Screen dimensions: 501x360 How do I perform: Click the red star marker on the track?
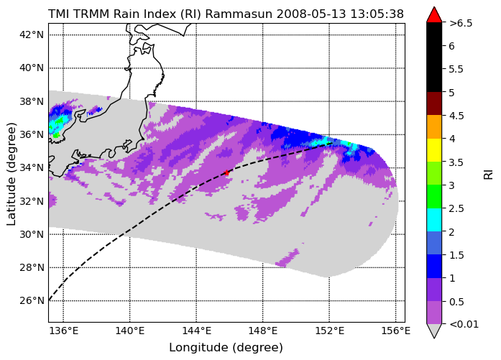pyautogui.click(x=227, y=172)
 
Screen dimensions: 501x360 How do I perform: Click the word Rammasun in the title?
pyautogui.click(x=239, y=14)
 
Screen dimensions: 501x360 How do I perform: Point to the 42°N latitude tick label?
pyautogui.click(x=32, y=34)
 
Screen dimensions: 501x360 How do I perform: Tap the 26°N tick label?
pyautogui.click(x=32, y=300)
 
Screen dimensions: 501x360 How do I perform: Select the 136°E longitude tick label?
pyautogui.click(x=63, y=331)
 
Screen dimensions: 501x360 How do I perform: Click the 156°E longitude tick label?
pyautogui.click(x=395, y=331)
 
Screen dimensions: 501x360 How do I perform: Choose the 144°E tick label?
pyautogui.click(x=196, y=331)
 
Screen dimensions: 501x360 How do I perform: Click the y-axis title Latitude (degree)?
pyautogui.click(x=12, y=174)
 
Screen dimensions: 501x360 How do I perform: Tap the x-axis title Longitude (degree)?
pyautogui.click(x=226, y=348)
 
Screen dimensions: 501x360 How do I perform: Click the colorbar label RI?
pyautogui.click(x=489, y=175)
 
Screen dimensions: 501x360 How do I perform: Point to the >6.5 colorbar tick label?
pyautogui.click(x=461, y=23)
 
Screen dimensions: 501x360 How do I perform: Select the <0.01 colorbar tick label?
pyautogui.click(x=464, y=324)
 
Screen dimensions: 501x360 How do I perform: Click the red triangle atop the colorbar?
pyautogui.click(x=434, y=15)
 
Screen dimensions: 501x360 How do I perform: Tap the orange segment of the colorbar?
pyautogui.click(x=434, y=126)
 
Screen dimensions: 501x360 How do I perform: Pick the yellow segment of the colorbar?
pyautogui.click(x=434, y=150)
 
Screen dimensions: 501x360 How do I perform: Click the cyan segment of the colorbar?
pyautogui.click(x=434, y=220)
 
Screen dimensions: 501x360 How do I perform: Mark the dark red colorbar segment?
pyautogui.click(x=434, y=103)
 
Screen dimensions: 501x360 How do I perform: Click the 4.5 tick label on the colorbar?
pyautogui.click(x=456, y=116)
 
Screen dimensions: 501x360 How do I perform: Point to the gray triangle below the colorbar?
pyautogui.click(x=434, y=331)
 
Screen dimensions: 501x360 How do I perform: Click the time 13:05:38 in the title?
pyautogui.click(x=377, y=14)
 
